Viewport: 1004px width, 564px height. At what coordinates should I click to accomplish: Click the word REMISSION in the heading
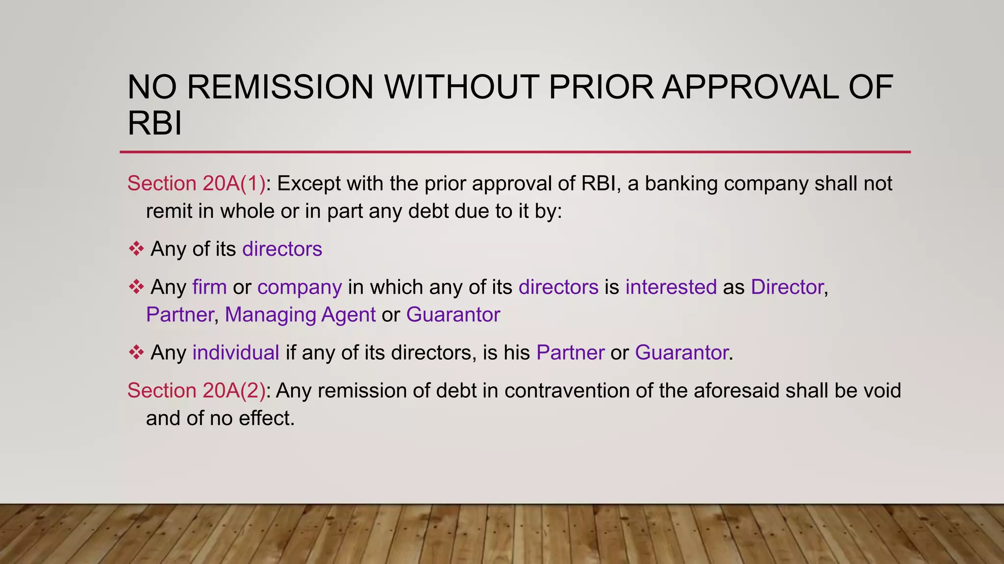pyautogui.click(x=280, y=87)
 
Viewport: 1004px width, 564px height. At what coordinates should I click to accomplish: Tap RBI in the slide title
pyautogui.click(x=154, y=123)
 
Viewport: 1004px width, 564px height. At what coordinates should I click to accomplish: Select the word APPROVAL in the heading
pyautogui.click(x=751, y=87)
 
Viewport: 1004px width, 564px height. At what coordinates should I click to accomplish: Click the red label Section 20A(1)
pyautogui.click(x=196, y=184)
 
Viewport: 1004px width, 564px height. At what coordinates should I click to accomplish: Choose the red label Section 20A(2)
pyautogui.click(x=196, y=391)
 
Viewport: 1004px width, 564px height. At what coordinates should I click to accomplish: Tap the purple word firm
pyautogui.click(x=209, y=287)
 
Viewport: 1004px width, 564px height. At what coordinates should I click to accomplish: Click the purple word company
pyautogui.click(x=300, y=287)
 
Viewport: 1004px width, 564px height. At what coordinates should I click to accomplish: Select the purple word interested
pyautogui.click(x=671, y=287)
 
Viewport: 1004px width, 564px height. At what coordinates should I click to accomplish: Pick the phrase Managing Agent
pyautogui.click(x=300, y=315)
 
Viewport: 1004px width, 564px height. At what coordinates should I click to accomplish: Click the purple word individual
pyautogui.click(x=236, y=352)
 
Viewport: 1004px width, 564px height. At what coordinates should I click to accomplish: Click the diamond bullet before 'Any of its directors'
pyautogui.click(x=136, y=249)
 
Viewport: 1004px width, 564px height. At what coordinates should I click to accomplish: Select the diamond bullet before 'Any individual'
pyautogui.click(x=136, y=352)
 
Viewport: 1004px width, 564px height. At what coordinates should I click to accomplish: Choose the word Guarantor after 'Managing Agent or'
pyautogui.click(x=453, y=315)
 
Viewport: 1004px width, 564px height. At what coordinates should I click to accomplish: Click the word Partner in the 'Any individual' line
pyautogui.click(x=570, y=352)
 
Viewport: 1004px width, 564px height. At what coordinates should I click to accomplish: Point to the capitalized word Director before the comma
pyautogui.click(x=787, y=287)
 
